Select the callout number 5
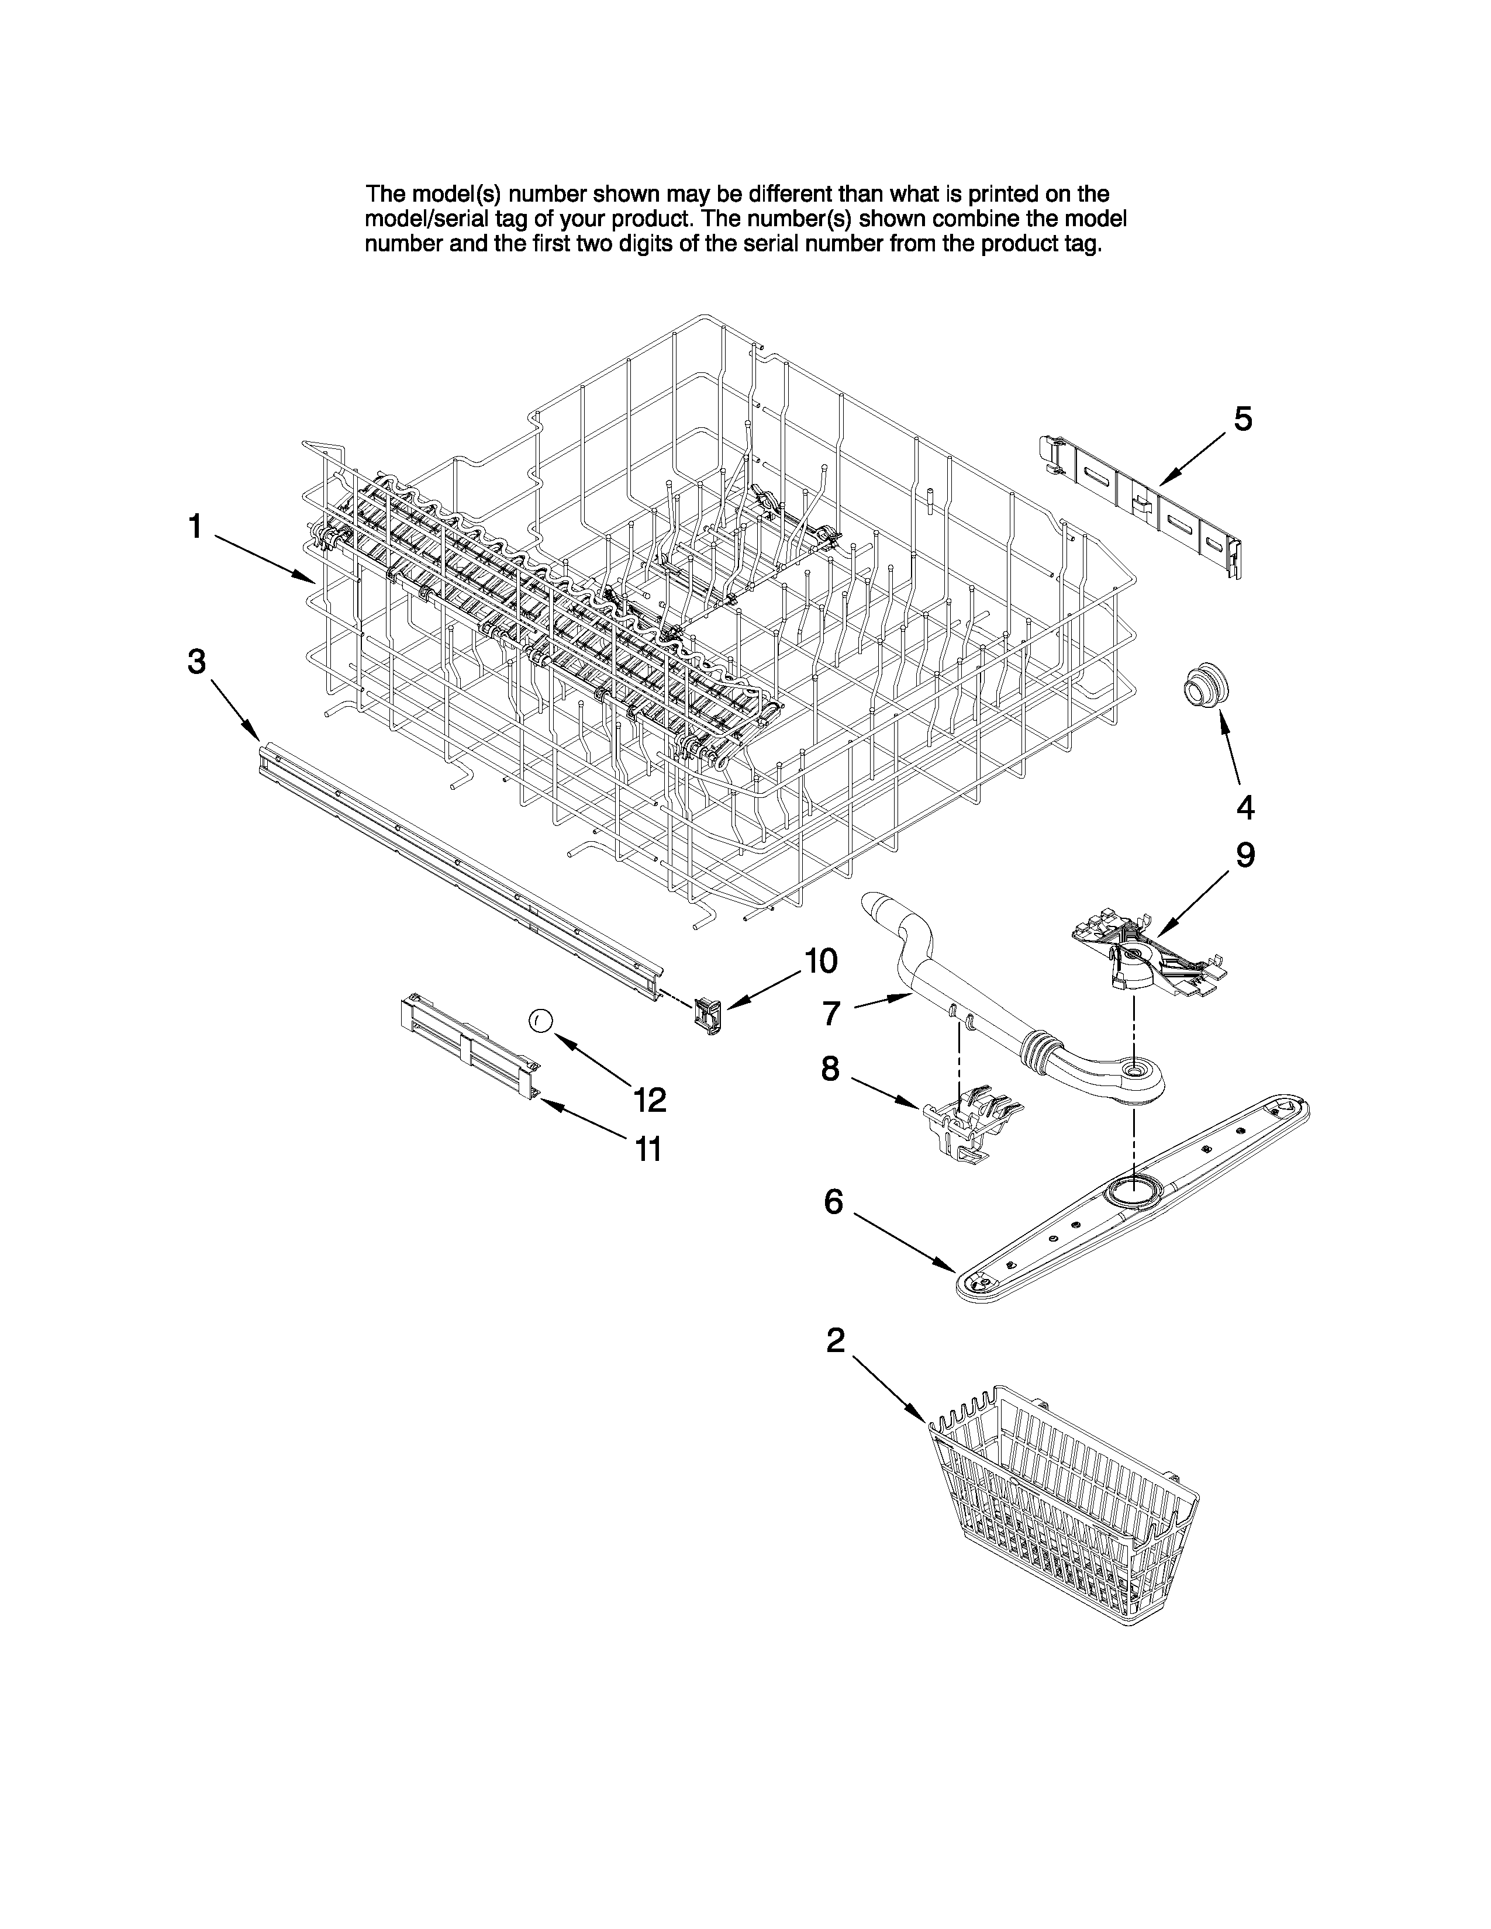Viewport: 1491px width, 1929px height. click(x=1242, y=420)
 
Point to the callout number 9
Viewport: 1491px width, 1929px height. click(x=1245, y=855)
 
